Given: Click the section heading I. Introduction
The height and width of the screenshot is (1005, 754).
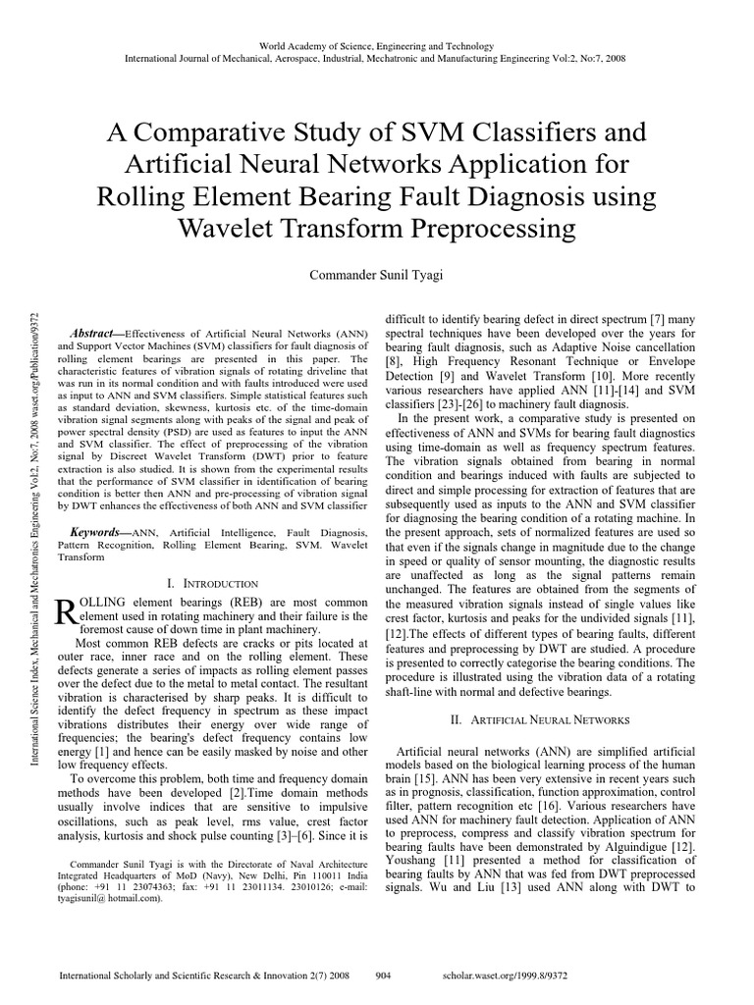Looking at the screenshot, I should (x=212, y=583).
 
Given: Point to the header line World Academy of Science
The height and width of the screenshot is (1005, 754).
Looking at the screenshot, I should (x=377, y=46).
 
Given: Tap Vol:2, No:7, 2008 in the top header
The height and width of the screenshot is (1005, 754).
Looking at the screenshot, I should (x=579, y=58).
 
